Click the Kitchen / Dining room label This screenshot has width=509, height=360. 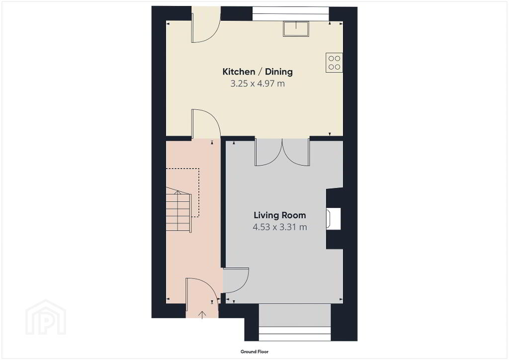tap(257, 72)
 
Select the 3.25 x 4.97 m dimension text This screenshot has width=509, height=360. tap(257, 84)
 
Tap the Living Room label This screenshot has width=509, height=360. tap(279, 215)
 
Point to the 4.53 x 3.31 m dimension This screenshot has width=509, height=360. tap(279, 227)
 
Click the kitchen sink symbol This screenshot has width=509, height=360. tap(296, 29)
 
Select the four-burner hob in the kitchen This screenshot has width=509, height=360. tap(334, 63)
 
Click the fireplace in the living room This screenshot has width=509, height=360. tap(334, 218)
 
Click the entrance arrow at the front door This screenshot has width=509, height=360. tap(202, 315)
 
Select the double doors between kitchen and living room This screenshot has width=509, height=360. tap(282, 152)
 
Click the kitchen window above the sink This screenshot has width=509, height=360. tap(291, 14)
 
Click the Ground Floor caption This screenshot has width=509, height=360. tap(254, 352)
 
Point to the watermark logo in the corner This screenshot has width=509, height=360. tap(46, 317)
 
